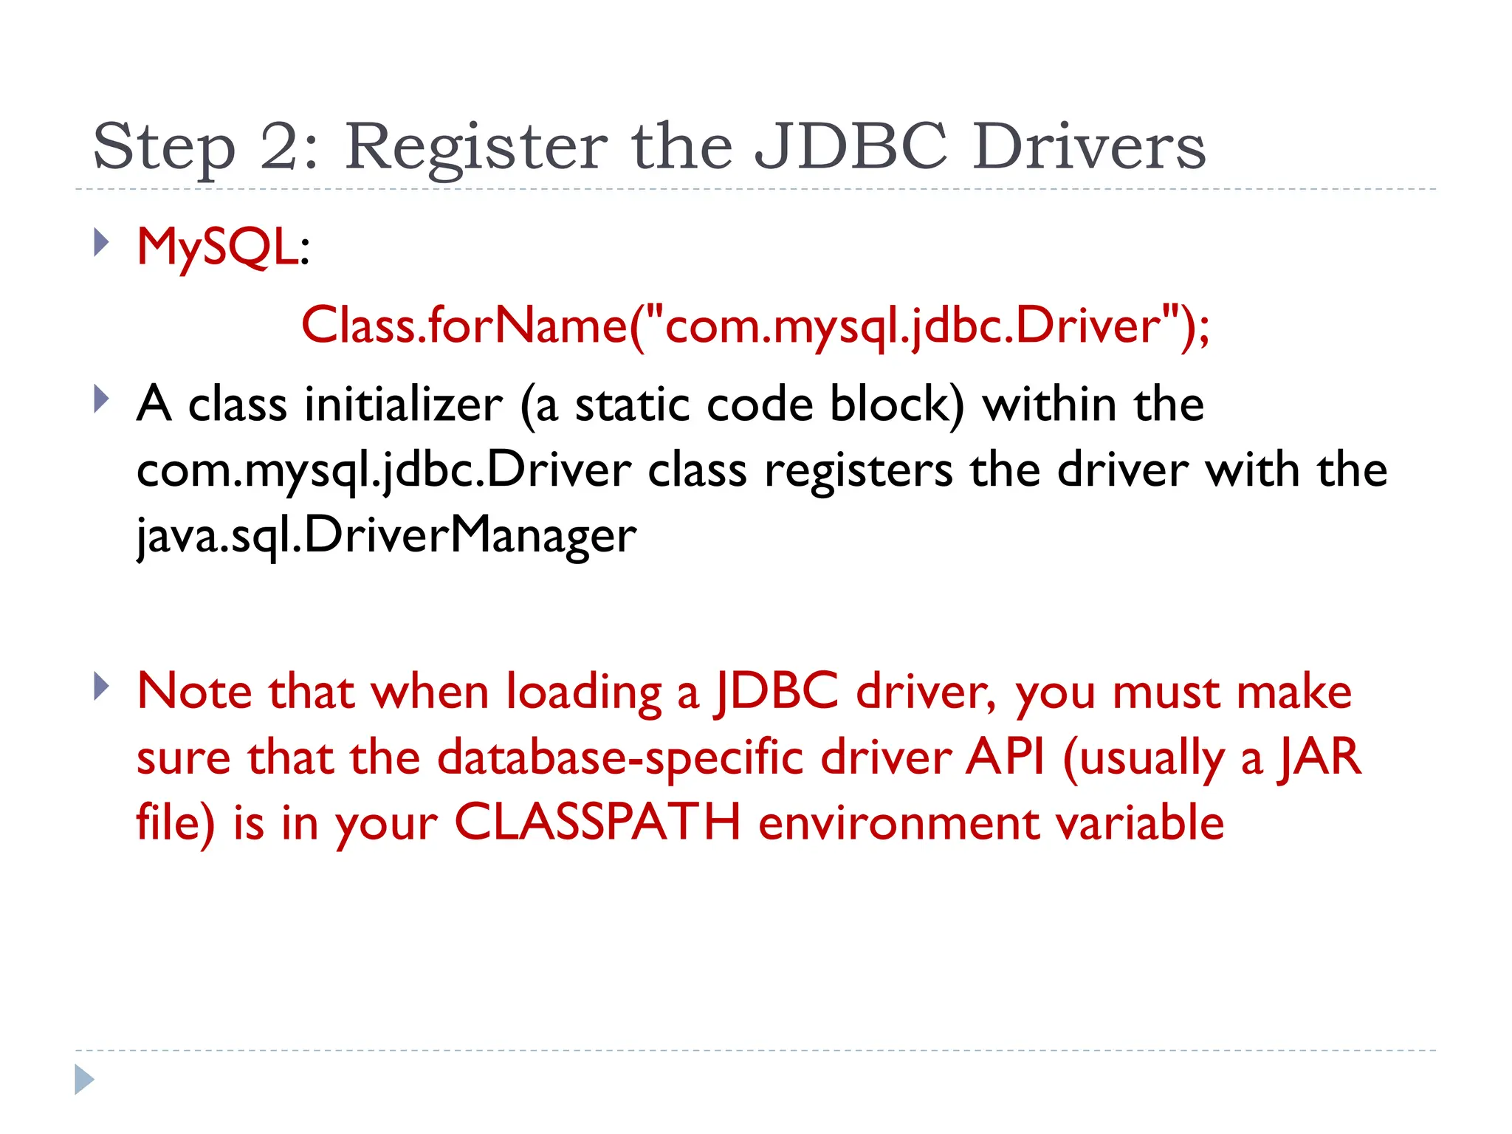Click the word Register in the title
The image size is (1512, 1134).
476,148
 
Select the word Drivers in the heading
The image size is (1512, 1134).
1088,146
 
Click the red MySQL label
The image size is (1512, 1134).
217,247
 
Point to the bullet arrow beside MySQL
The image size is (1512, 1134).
102,242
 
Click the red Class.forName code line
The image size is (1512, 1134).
755,325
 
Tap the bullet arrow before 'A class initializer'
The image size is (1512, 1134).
102,399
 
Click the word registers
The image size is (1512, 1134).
858,470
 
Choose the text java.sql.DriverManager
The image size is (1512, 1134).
386,535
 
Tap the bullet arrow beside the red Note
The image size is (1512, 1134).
102,687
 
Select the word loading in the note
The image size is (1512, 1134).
583,693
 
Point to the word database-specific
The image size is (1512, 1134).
620,758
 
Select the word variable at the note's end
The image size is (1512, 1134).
1140,822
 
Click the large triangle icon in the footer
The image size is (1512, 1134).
84,1079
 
